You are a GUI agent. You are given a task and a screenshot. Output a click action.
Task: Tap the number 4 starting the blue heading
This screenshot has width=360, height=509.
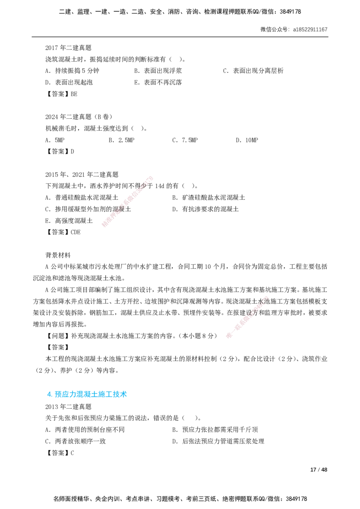(49, 394)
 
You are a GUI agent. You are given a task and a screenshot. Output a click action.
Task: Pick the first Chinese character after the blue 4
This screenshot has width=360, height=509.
(57, 394)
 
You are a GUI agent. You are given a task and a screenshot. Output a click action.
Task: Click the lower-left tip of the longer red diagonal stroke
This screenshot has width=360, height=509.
(103, 226)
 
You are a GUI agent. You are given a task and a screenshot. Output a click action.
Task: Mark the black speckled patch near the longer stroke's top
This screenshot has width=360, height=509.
(145, 184)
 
